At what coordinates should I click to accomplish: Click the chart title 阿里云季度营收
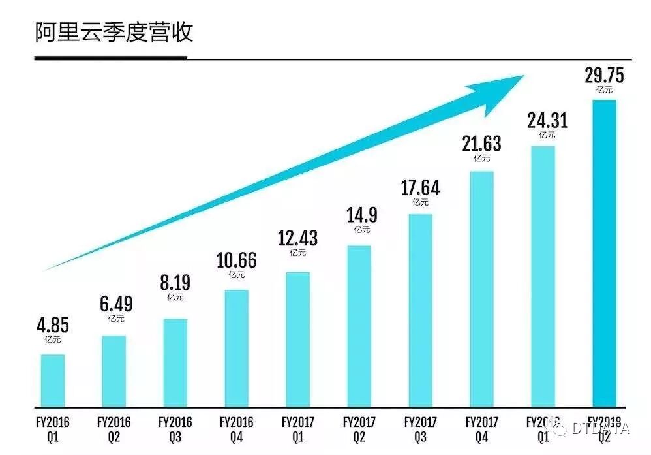pyautogui.click(x=114, y=31)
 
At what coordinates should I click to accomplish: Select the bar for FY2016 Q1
pyautogui.click(x=52, y=380)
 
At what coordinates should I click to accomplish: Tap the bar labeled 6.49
pyautogui.click(x=114, y=370)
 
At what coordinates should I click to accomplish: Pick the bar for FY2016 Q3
pyautogui.click(x=175, y=362)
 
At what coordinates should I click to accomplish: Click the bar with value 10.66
pyautogui.click(x=236, y=347)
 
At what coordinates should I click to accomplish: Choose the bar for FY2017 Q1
pyautogui.click(x=297, y=338)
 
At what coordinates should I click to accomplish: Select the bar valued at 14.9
pyautogui.click(x=359, y=325)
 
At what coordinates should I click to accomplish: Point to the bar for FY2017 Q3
pyautogui.click(x=420, y=309)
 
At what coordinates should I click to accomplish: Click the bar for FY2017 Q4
pyautogui.click(x=481, y=288)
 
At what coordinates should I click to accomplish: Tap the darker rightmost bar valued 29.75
pyautogui.click(x=603, y=252)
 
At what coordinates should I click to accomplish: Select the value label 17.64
pyautogui.click(x=420, y=188)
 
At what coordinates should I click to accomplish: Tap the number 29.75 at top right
pyautogui.click(x=603, y=76)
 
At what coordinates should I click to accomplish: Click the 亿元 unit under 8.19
pyautogui.click(x=175, y=297)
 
